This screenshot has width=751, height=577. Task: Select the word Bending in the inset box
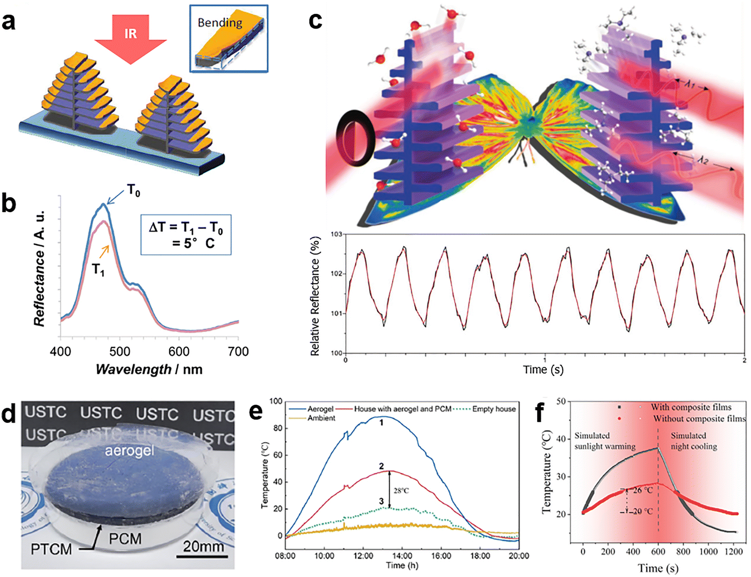[x=220, y=23]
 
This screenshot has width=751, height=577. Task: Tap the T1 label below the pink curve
[x=99, y=270]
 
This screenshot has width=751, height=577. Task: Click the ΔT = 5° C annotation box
[x=186, y=235]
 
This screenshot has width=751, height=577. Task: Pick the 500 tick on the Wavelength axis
[x=120, y=352]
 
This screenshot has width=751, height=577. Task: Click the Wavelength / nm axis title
[x=149, y=369]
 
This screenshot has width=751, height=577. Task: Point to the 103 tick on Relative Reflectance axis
[x=336, y=234]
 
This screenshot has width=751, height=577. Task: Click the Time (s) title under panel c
[x=543, y=370]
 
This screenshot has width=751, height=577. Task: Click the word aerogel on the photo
[x=129, y=451]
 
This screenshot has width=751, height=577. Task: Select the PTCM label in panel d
[x=51, y=549]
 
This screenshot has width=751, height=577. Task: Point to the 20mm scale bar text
[x=203, y=546]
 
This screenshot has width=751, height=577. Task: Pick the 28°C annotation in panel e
[x=401, y=490]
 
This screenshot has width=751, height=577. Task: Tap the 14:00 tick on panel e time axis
[x=402, y=555]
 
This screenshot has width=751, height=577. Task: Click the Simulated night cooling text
[x=693, y=441]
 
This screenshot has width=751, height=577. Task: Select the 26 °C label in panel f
[x=642, y=490]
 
